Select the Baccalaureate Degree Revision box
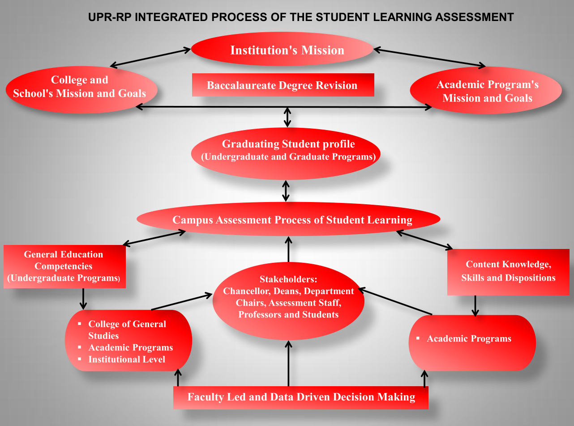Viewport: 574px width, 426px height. click(x=283, y=85)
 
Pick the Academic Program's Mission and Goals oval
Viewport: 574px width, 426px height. click(x=486, y=91)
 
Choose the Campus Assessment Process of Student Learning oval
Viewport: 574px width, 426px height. click(x=289, y=219)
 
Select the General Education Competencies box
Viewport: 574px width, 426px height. click(x=64, y=266)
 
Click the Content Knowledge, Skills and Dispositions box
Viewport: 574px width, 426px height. click(x=508, y=272)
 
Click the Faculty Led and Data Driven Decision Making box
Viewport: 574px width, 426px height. click(x=301, y=397)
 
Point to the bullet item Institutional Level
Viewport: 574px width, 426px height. click(x=126, y=359)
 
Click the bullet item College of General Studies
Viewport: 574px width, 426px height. click(x=127, y=329)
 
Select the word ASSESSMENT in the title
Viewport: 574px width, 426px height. click(x=474, y=17)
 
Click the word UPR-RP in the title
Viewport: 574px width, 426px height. click(x=109, y=17)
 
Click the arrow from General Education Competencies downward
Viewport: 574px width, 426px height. click(x=83, y=299)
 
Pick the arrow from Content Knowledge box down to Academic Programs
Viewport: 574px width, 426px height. click(x=475, y=305)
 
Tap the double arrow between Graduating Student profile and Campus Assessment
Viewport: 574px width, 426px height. click(x=286, y=191)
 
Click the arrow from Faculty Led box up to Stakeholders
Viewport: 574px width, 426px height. click(x=289, y=363)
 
